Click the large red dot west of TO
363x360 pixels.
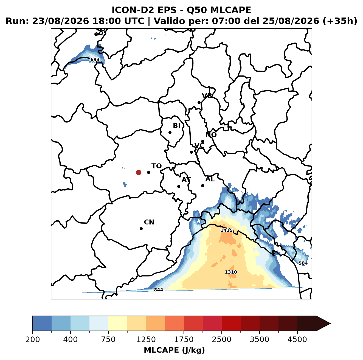(x=139, y=172)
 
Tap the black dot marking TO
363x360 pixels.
(x=148, y=172)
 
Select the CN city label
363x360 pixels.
(x=149, y=222)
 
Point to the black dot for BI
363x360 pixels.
(x=170, y=133)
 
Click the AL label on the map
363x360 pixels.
(x=210, y=179)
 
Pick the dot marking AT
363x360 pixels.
(x=179, y=187)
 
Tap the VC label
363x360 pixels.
(x=199, y=145)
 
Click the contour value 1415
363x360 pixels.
(x=226, y=230)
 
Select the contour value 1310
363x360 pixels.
(x=231, y=272)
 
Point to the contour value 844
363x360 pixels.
(x=158, y=290)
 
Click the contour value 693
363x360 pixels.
(x=95, y=60)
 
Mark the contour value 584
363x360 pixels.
(x=303, y=263)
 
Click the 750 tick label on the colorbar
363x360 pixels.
(x=108, y=339)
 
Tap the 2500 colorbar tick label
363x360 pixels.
(x=221, y=339)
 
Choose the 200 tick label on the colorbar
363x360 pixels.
(x=33, y=339)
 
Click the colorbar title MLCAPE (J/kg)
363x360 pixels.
(x=174, y=350)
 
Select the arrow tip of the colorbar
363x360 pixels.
(x=331, y=324)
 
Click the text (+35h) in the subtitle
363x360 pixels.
(x=340, y=21)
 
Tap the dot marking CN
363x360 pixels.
(x=141, y=229)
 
